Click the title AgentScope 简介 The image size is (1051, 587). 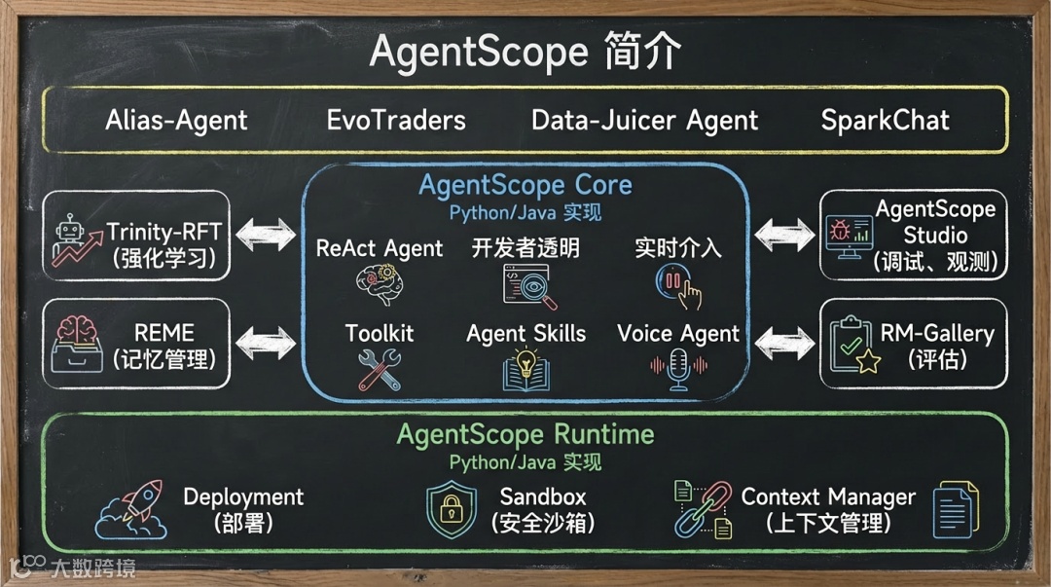pyautogui.click(x=525, y=52)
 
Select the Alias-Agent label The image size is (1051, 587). pyautogui.click(x=176, y=121)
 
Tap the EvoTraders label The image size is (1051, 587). pyautogui.click(x=396, y=121)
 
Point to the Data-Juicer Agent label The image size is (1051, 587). pyautogui.click(x=644, y=121)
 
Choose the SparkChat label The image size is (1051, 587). pyautogui.click(x=885, y=121)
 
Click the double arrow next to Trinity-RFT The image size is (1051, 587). pyautogui.click(x=267, y=235)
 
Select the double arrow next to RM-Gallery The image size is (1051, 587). pyautogui.click(x=783, y=342)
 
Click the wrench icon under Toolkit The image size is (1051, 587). pyautogui.click(x=379, y=369)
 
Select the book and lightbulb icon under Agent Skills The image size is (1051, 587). pyautogui.click(x=525, y=370)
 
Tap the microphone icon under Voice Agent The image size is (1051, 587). pyautogui.click(x=679, y=370)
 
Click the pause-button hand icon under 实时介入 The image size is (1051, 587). pyautogui.click(x=678, y=286)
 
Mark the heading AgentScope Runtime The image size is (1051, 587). pyautogui.click(x=525, y=434)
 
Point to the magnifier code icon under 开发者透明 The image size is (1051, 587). pyautogui.click(x=525, y=286)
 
